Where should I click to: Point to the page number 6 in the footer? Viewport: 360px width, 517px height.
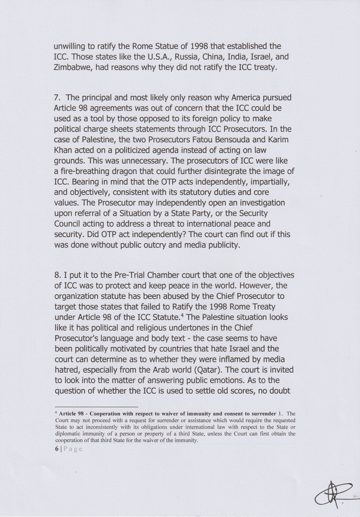(57, 449)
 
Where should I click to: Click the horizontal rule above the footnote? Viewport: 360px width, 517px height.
(96, 406)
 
